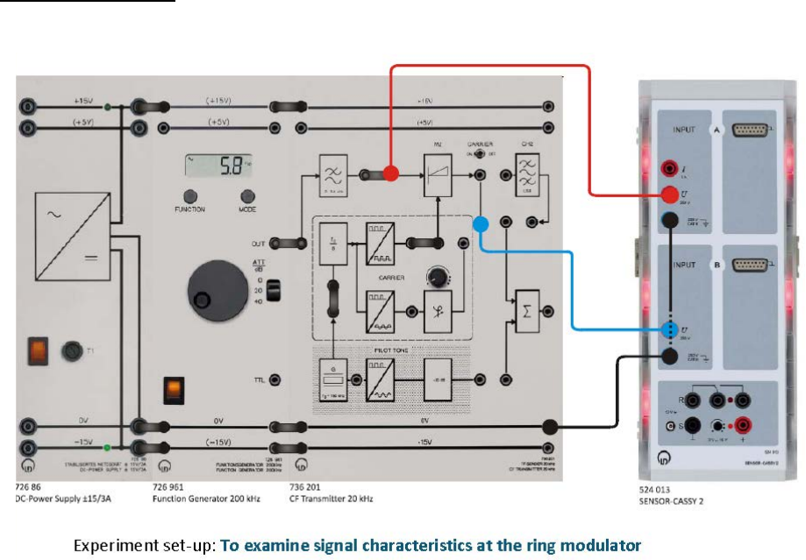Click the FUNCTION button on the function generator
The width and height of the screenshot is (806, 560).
pos(190,195)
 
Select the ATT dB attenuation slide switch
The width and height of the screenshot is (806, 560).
pos(272,290)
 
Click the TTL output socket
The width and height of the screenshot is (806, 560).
pos(276,379)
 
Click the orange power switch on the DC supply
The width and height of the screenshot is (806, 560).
pos(38,351)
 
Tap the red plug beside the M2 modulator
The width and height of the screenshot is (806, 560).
pos(391,174)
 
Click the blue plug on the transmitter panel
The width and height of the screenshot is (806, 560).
pos(481,223)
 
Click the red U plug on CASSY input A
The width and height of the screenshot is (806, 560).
pos(672,195)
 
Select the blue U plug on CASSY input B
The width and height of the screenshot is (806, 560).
pos(671,330)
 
